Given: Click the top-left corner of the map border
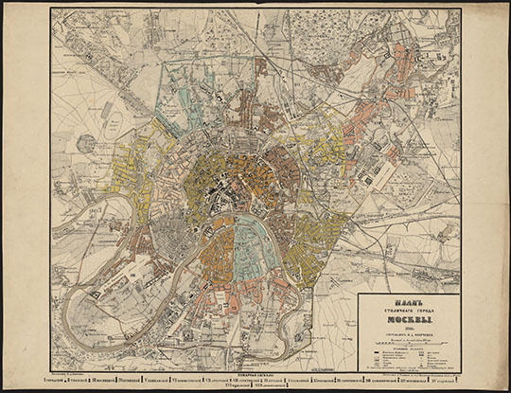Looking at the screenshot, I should point(52,9).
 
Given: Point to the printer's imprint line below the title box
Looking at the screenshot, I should point(409,373).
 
